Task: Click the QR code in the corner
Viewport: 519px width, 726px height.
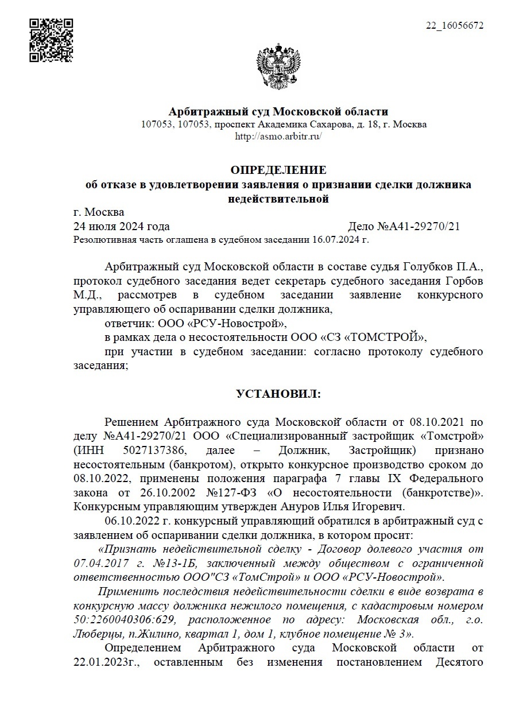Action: [x=51, y=40]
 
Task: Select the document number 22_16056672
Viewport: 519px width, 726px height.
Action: [x=454, y=26]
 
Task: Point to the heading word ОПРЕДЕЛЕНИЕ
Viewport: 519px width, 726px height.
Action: [x=278, y=170]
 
